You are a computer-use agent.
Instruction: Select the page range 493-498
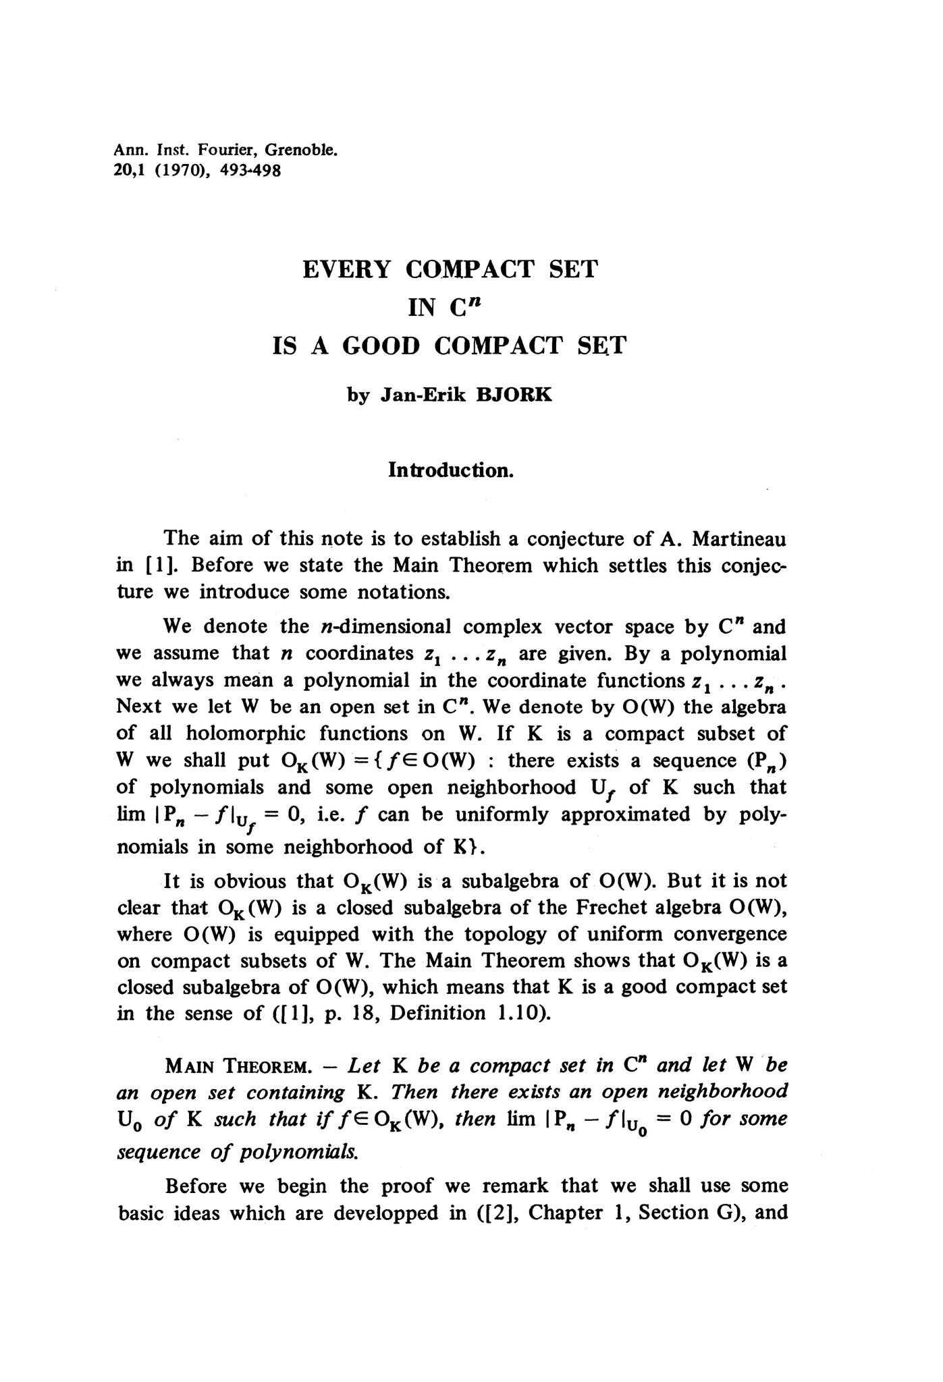click(x=251, y=170)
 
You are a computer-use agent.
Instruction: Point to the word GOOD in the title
click(x=381, y=346)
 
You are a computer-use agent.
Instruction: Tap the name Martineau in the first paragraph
click(x=739, y=538)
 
